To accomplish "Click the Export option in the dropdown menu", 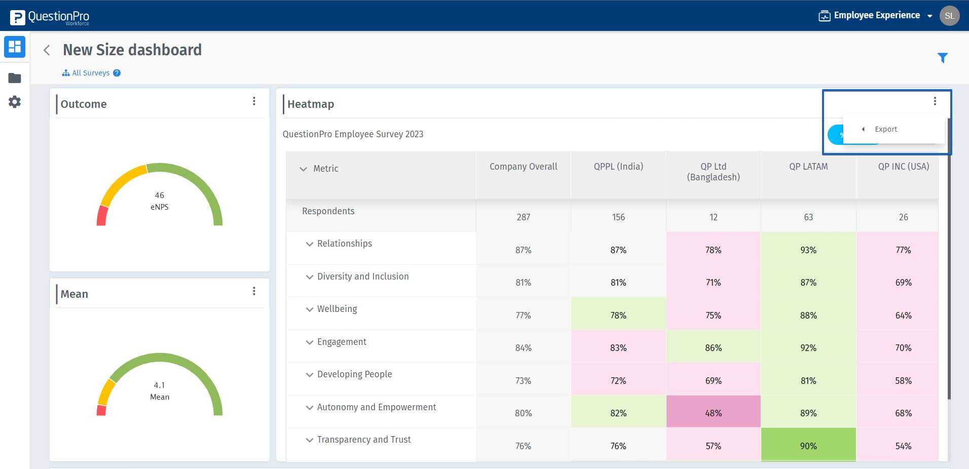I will pyautogui.click(x=885, y=129).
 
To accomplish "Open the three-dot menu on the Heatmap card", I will pyautogui.click(x=935, y=101).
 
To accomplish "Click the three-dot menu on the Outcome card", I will pyautogui.click(x=254, y=101).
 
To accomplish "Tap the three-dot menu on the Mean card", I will pyautogui.click(x=254, y=291).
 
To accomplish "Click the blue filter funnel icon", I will pyautogui.click(x=942, y=58).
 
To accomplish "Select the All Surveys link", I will pyautogui.click(x=90, y=73).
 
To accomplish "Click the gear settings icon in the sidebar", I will pyautogui.click(x=15, y=102).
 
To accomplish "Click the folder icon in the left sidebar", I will pyautogui.click(x=15, y=78).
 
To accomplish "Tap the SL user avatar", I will pyautogui.click(x=949, y=16).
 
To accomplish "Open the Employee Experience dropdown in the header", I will pyautogui.click(x=876, y=16).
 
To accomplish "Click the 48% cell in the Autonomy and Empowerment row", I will pyautogui.click(x=713, y=413).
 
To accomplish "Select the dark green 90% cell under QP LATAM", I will pyautogui.click(x=808, y=446).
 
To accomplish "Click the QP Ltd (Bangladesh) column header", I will pyautogui.click(x=713, y=172).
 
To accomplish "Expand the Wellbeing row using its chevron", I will pyautogui.click(x=310, y=309).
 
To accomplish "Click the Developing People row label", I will pyautogui.click(x=354, y=374).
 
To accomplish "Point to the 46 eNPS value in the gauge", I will pyautogui.click(x=159, y=196).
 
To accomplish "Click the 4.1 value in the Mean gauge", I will pyautogui.click(x=159, y=385).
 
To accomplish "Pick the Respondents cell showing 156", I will pyautogui.click(x=618, y=217).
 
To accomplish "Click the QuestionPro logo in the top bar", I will pyautogui.click(x=50, y=17).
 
